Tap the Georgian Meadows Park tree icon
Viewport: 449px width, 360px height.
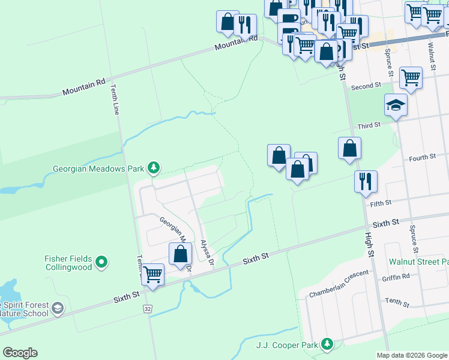pos(154,167)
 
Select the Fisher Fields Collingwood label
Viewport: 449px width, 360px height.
pos(68,262)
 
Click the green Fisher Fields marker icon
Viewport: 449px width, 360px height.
pos(101,262)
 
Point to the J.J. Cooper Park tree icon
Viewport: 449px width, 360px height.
pos(327,344)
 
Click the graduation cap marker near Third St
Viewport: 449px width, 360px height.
pos(396,105)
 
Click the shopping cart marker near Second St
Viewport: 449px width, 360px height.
pos(411,77)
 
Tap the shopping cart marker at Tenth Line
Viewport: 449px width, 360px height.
pos(153,275)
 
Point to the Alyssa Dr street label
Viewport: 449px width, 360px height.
pos(208,252)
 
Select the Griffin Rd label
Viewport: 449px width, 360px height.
pos(395,277)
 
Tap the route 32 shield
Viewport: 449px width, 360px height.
pos(147,308)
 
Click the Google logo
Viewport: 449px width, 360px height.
pos(20,353)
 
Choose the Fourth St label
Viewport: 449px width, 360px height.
pos(421,158)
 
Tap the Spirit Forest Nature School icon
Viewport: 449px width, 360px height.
pos(58,308)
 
